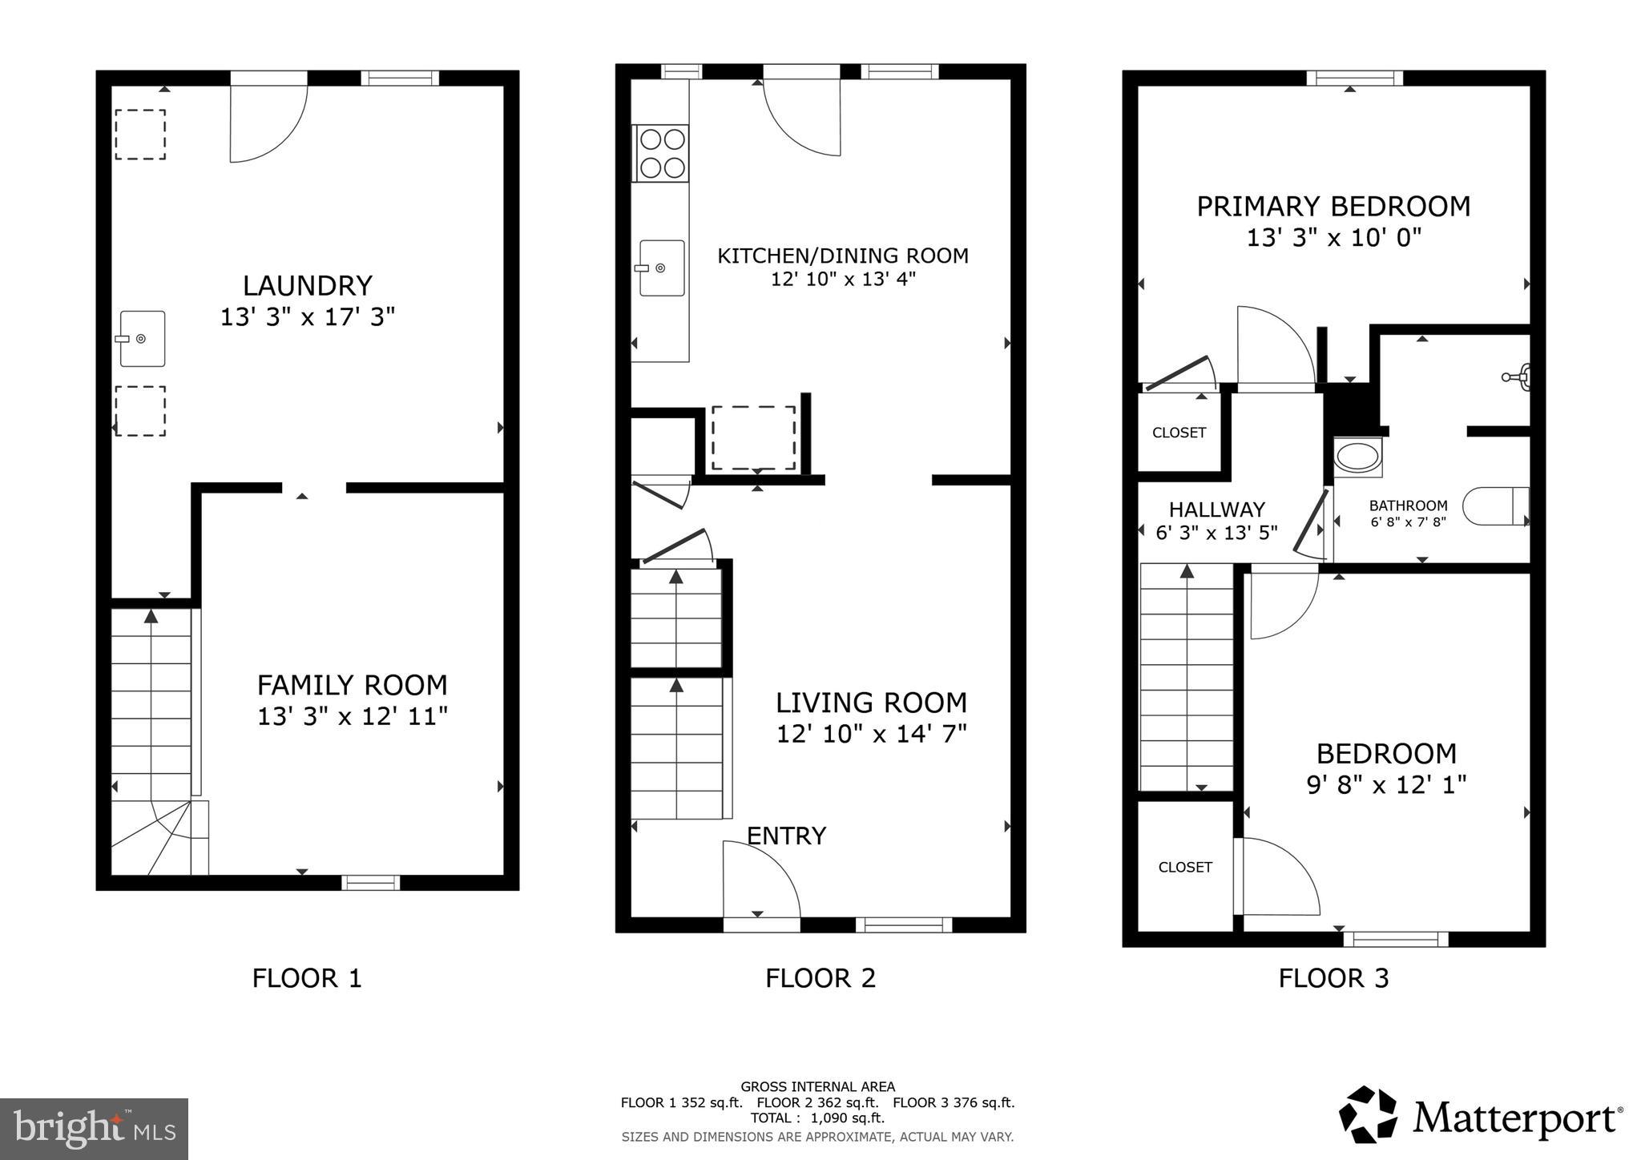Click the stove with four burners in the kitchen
(x=661, y=153)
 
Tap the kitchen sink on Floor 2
(x=661, y=268)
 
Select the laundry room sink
(x=143, y=339)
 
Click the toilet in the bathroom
(x=1496, y=506)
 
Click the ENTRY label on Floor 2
(x=786, y=836)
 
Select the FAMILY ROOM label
(x=352, y=686)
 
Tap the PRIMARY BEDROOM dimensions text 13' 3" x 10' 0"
(x=1333, y=238)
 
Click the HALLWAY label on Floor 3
(x=1216, y=510)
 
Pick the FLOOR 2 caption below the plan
(x=820, y=978)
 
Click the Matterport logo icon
(x=1368, y=1114)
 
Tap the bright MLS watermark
(x=94, y=1129)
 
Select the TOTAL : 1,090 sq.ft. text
(x=817, y=1118)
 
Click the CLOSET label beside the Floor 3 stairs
(x=1185, y=867)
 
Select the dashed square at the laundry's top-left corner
(x=140, y=135)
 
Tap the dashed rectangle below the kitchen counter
(x=753, y=438)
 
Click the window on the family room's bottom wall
(x=370, y=883)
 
